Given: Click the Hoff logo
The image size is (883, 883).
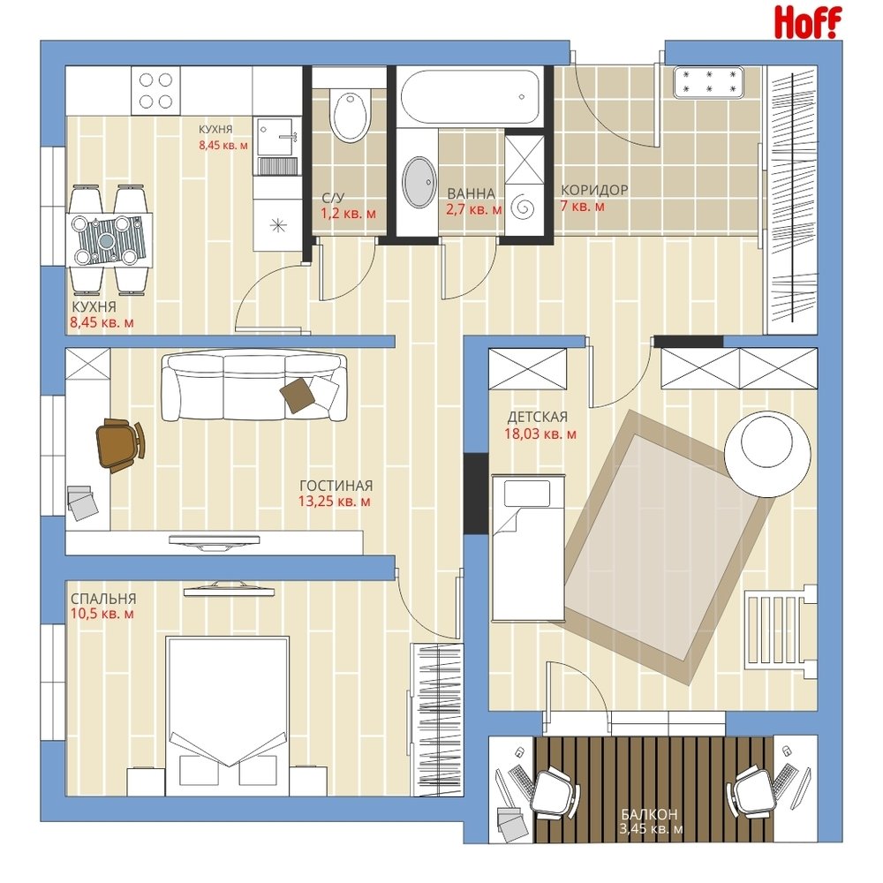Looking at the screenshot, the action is tap(808, 22).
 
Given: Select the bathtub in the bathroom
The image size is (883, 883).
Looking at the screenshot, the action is tap(470, 96).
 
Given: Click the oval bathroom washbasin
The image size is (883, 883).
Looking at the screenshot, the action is tap(419, 181).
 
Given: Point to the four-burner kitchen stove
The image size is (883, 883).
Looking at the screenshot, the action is tap(156, 91).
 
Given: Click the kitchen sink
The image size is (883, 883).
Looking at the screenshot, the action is tap(275, 137).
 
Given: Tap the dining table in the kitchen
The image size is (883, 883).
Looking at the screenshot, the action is tap(109, 240).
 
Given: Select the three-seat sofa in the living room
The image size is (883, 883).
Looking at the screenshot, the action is tap(254, 386).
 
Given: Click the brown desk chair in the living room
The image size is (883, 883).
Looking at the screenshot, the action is tap(120, 444).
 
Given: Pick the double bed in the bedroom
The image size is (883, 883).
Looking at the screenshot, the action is tap(227, 716).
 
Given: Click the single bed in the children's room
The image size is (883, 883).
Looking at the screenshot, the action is tap(528, 547).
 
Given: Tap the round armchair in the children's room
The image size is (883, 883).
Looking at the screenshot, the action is tap(767, 453).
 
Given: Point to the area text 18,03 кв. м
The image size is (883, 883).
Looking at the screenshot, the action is tap(540, 434).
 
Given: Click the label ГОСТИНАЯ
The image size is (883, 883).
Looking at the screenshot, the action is tap(336, 486).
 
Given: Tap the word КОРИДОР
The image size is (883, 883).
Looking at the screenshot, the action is tap(594, 191).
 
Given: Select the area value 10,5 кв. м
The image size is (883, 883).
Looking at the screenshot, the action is tap(102, 614).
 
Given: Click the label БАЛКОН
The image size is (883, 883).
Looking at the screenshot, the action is tap(649, 814).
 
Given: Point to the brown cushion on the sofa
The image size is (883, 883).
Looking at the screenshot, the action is tap(298, 394).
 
